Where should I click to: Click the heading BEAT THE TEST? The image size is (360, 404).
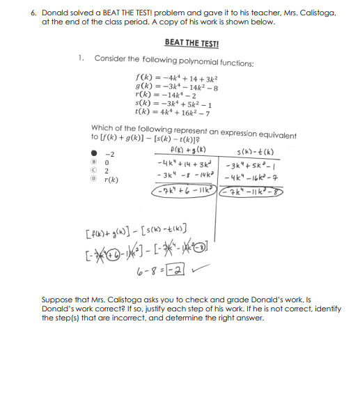coord(191,43)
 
